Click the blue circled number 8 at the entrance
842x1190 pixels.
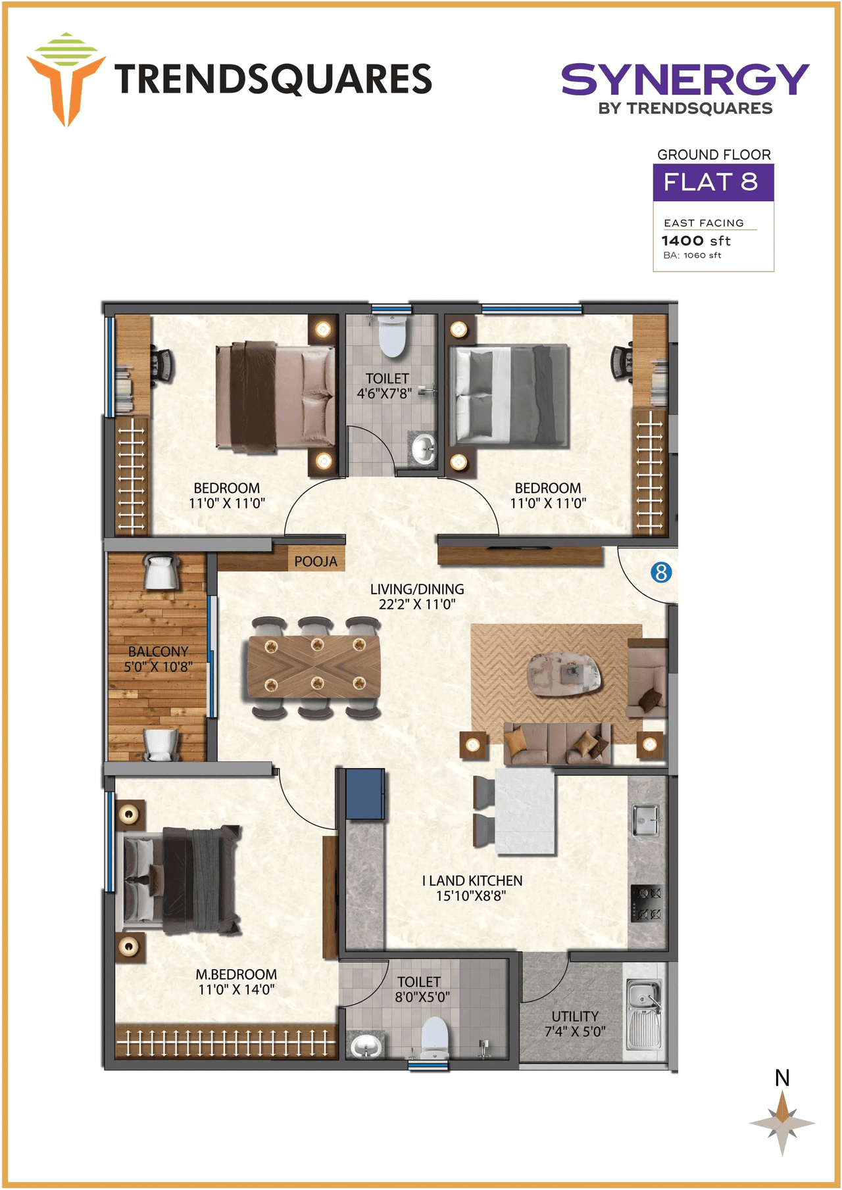pyautogui.click(x=661, y=572)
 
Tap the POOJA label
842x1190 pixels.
pyautogui.click(x=316, y=561)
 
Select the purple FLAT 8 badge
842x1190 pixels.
pyautogui.click(x=713, y=182)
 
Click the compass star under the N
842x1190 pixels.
pyautogui.click(x=782, y=1123)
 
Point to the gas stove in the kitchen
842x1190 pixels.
pyautogui.click(x=646, y=903)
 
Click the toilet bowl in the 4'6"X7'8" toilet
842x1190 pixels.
pyautogui.click(x=392, y=336)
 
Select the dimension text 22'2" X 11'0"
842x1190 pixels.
pyautogui.click(x=416, y=604)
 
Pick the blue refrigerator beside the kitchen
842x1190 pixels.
pyautogui.click(x=365, y=794)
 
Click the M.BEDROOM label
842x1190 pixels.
pyautogui.click(x=236, y=974)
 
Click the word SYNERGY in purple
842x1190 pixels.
pyautogui.click(x=684, y=80)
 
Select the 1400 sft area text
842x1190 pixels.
pyautogui.click(x=696, y=241)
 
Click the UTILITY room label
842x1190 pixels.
pyautogui.click(x=575, y=1016)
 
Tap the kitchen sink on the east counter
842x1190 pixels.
pyautogui.click(x=645, y=819)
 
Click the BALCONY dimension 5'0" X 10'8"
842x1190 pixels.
pyautogui.click(x=159, y=667)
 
